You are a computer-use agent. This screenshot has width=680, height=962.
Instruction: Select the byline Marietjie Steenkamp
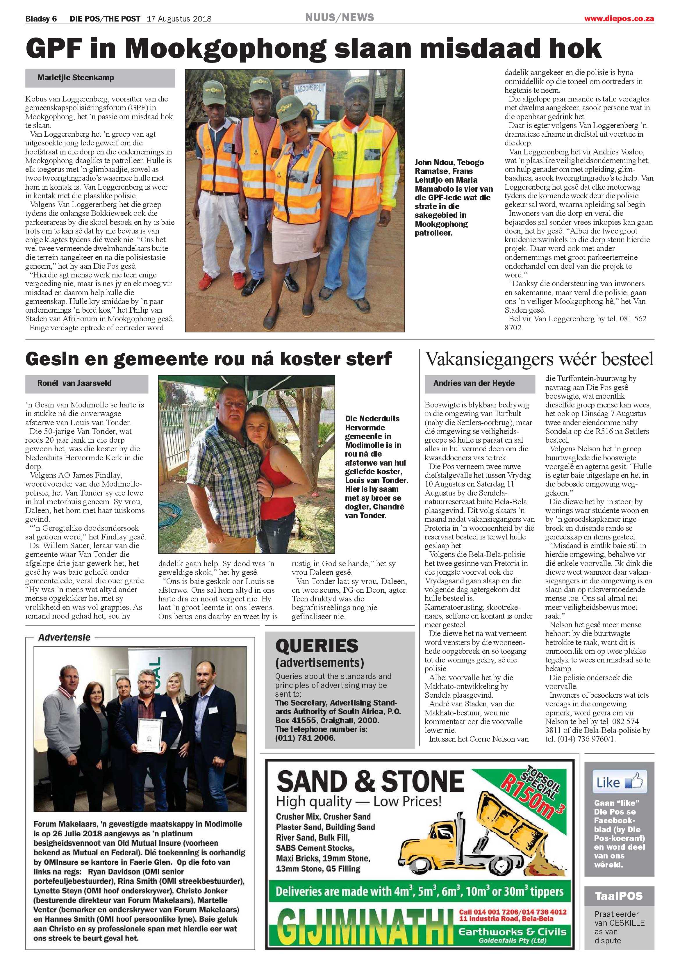tap(76, 78)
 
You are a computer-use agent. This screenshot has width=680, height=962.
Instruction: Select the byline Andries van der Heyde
tap(474, 383)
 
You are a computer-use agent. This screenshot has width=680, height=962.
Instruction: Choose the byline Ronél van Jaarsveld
tap(75, 383)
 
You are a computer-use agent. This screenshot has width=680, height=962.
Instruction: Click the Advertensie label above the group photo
tap(64, 637)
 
